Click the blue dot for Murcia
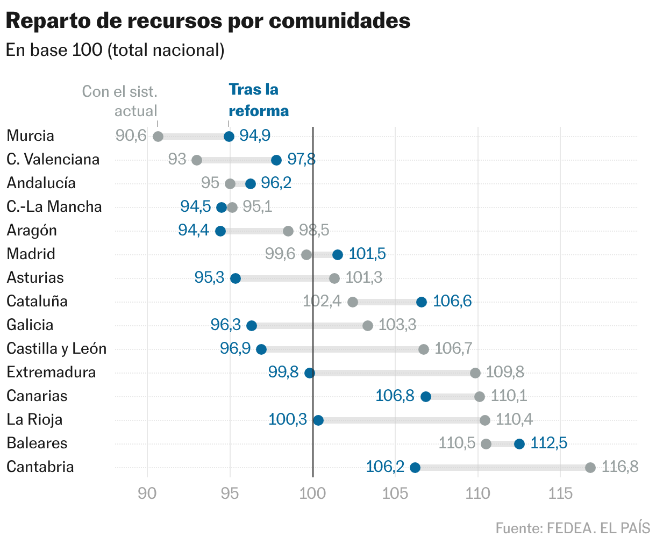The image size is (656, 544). [x=229, y=136]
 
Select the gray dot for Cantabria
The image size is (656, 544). [x=590, y=467]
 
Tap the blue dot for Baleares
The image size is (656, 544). [x=519, y=443]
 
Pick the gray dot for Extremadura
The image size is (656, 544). [x=475, y=373]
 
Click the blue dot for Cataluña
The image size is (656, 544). [x=421, y=302]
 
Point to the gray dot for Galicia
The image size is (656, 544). [x=367, y=325]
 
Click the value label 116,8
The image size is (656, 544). [x=619, y=467]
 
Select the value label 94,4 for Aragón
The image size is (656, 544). [x=194, y=231]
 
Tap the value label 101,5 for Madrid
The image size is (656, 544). [x=367, y=254]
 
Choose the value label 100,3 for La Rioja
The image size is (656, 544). [x=287, y=419]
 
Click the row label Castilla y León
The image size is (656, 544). [x=56, y=349]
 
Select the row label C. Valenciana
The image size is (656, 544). [x=53, y=160]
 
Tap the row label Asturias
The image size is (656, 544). [x=35, y=278]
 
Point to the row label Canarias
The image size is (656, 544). [x=37, y=396]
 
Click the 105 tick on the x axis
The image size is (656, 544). [x=395, y=493]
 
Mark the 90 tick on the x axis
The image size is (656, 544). [x=147, y=493]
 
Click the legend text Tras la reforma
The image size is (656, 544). [x=258, y=100]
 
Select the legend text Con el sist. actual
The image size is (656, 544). [x=120, y=101]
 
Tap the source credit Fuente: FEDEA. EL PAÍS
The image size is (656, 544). [x=572, y=528]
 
